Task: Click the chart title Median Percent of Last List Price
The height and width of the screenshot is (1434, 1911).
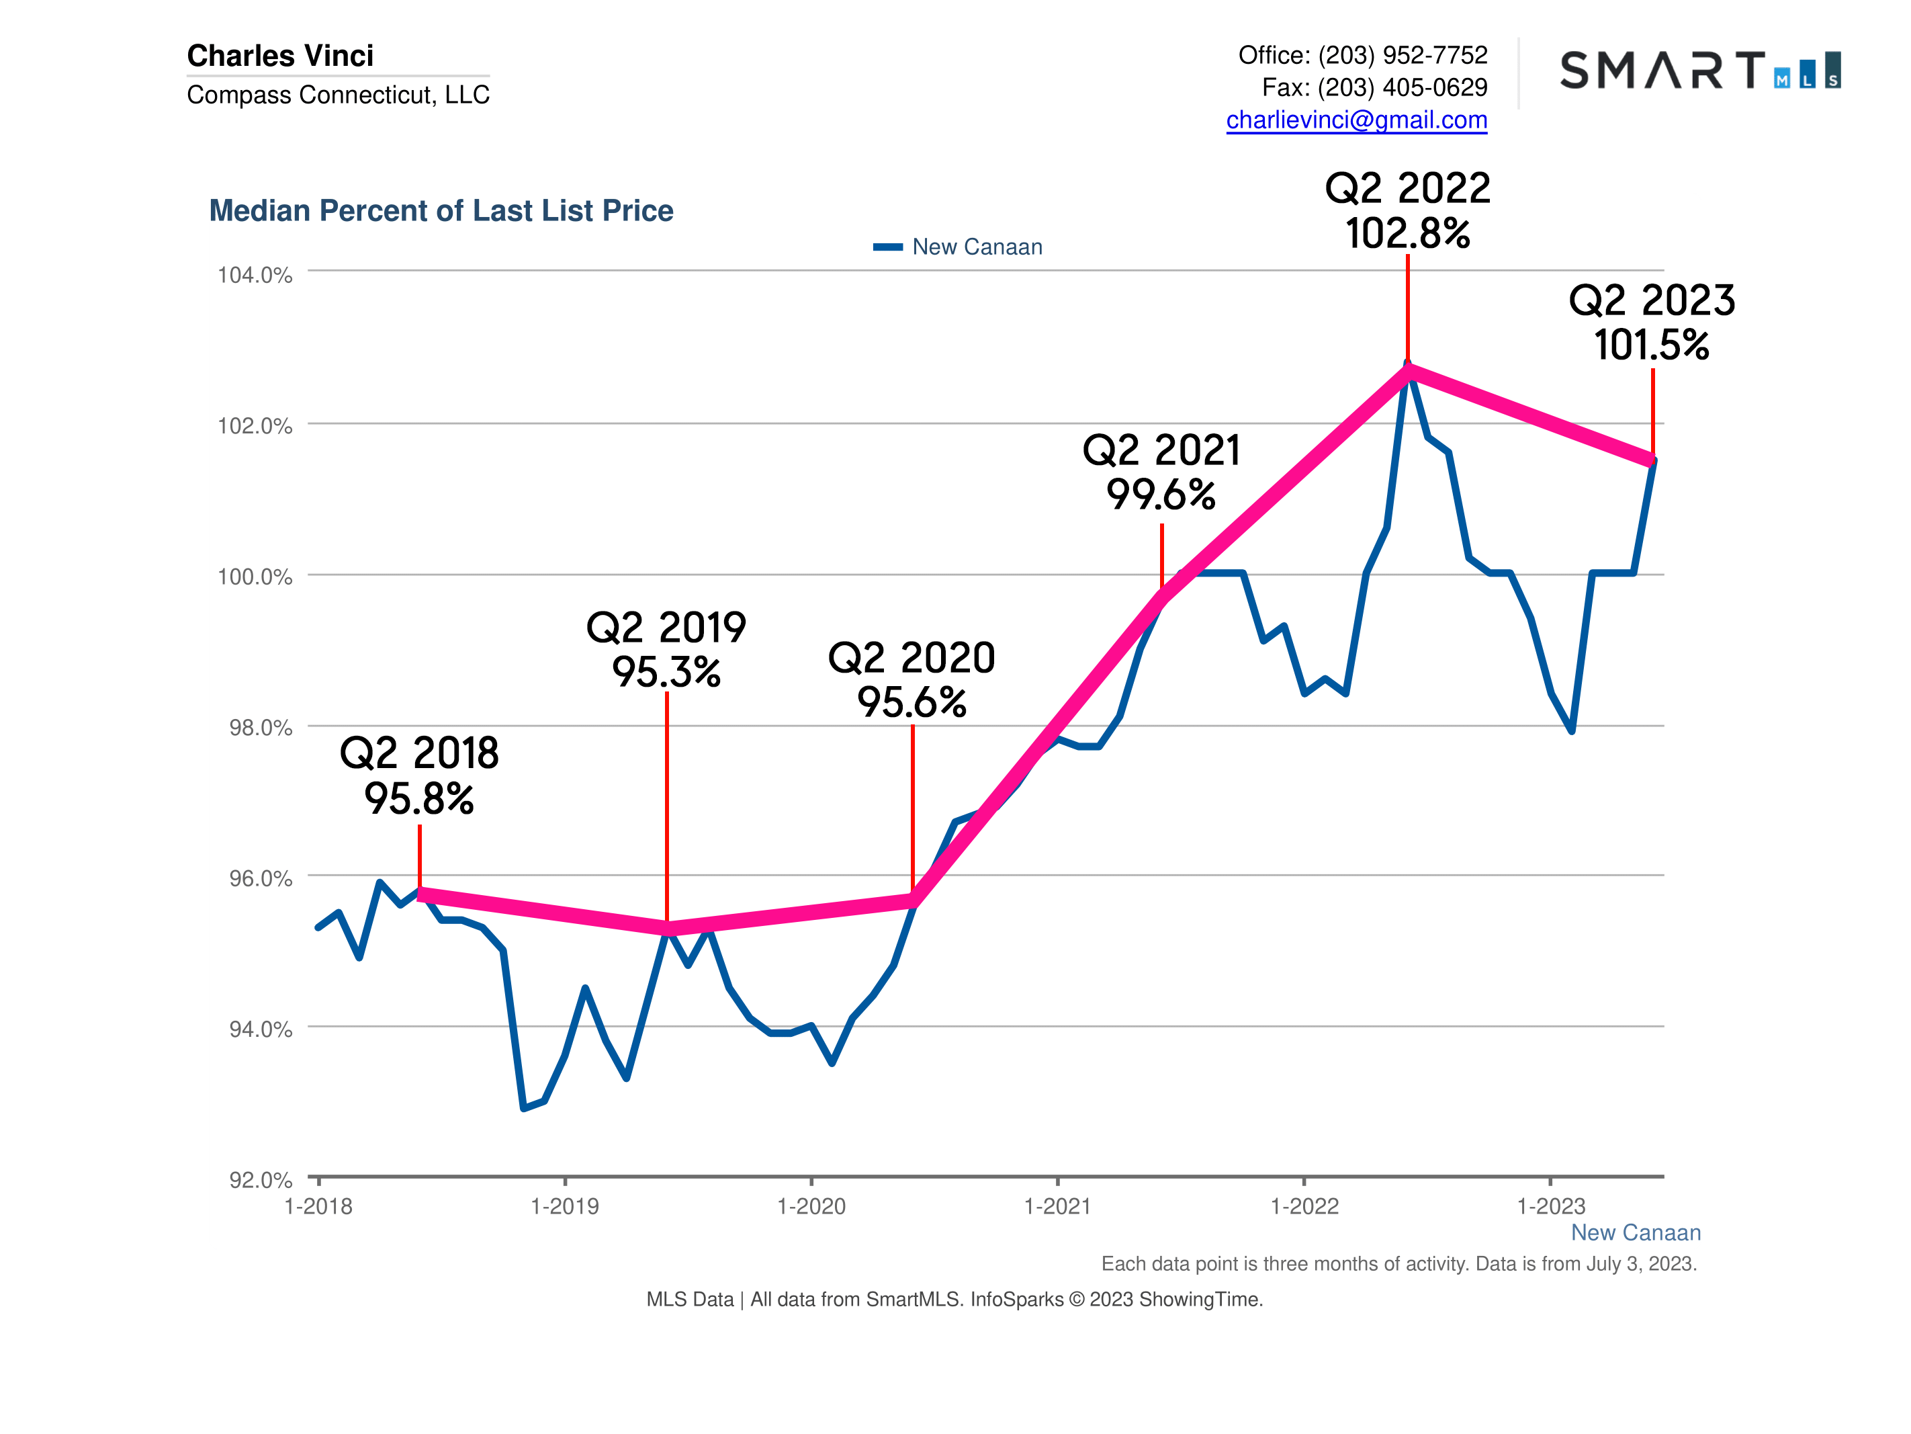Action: (x=441, y=211)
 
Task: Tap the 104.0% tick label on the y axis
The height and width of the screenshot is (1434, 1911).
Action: (x=255, y=275)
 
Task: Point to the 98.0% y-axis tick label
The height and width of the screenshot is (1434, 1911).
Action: (x=260, y=728)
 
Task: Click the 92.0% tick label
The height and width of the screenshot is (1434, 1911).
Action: (x=260, y=1180)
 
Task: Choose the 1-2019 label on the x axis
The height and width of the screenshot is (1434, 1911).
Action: (x=564, y=1207)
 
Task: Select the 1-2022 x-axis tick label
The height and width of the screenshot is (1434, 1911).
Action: (x=1304, y=1207)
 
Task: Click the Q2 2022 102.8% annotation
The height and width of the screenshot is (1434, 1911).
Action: (x=1407, y=212)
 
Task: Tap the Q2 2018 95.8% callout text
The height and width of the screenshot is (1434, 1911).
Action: (x=419, y=776)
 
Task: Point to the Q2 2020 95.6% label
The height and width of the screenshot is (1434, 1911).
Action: (x=912, y=680)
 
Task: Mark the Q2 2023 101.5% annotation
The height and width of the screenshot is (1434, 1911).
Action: (x=1651, y=323)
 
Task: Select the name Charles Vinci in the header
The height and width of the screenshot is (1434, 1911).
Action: (x=280, y=55)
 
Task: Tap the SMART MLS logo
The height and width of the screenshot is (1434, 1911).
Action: (x=1699, y=70)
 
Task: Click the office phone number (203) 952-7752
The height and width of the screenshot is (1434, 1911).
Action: (x=1402, y=55)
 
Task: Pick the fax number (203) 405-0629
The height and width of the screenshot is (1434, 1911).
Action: (x=1402, y=87)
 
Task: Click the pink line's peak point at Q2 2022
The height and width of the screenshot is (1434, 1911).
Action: (x=1407, y=372)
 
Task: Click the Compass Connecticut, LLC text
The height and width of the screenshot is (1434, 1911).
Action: (x=338, y=94)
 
